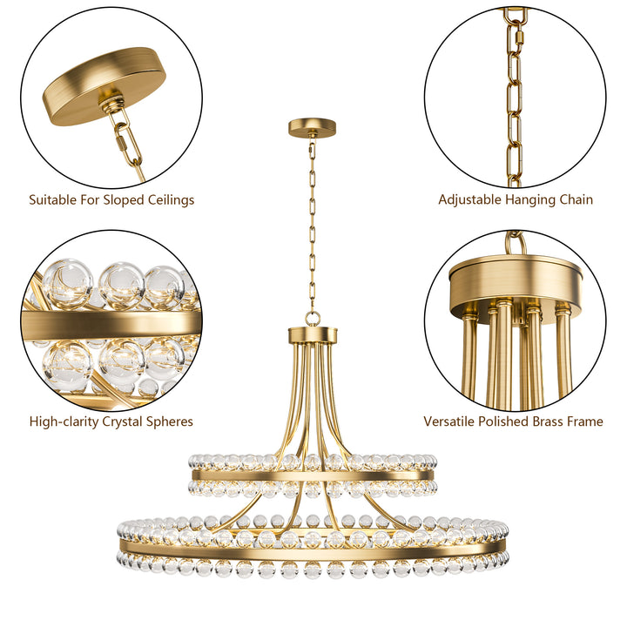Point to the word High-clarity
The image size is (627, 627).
(x=66, y=422)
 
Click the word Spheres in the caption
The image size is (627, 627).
(x=168, y=422)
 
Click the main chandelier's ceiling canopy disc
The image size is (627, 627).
(x=313, y=127)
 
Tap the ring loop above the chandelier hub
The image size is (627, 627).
(x=313, y=319)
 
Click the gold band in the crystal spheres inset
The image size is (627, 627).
(x=113, y=325)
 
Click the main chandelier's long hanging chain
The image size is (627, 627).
(x=312, y=226)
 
